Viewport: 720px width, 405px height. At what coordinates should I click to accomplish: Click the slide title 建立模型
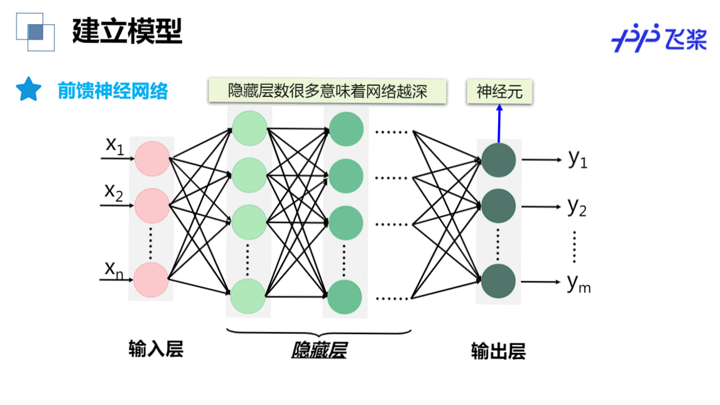tap(127, 31)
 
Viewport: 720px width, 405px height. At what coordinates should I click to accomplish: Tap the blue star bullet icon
tap(28, 90)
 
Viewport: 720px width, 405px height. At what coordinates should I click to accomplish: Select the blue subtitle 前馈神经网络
tap(113, 91)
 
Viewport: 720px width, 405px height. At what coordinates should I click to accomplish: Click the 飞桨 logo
tap(659, 38)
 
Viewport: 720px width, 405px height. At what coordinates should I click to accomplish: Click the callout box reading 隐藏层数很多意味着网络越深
tap(327, 91)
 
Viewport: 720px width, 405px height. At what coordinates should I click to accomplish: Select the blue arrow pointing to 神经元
tap(499, 124)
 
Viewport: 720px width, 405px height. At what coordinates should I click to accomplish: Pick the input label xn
tap(113, 270)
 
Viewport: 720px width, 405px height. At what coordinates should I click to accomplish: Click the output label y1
tap(578, 159)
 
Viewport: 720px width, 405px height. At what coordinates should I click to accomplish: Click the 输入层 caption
tap(156, 349)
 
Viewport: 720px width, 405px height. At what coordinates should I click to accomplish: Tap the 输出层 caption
tap(498, 352)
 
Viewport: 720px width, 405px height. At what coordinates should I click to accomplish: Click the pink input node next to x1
tap(152, 159)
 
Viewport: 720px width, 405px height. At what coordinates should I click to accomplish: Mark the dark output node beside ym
tap(498, 281)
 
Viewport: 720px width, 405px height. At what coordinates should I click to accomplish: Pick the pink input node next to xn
tap(151, 279)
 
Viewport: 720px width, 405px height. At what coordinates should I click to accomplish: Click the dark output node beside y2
tap(498, 206)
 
